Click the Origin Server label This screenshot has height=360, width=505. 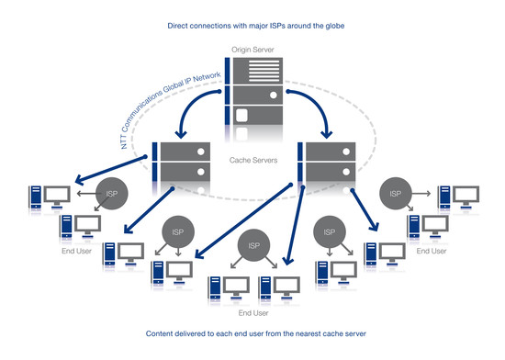(x=252, y=50)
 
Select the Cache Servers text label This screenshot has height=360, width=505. (x=253, y=160)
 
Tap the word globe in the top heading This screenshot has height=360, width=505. (x=335, y=26)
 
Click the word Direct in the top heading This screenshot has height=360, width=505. (x=177, y=26)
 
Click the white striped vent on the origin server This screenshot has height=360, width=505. (x=264, y=71)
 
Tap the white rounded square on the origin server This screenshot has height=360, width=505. (x=241, y=116)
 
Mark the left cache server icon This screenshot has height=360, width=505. (x=181, y=163)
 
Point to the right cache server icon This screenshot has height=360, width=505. (x=327, y=163)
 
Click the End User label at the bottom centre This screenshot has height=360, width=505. (x=253, y=313)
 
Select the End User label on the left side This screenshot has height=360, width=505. (x=76, y=251)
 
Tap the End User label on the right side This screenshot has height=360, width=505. (x=432, y=251)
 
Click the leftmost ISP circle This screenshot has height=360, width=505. (x=112, y=194)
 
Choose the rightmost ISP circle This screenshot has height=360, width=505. (x=396, y=194)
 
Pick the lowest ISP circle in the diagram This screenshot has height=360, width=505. (x=253, y=245)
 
